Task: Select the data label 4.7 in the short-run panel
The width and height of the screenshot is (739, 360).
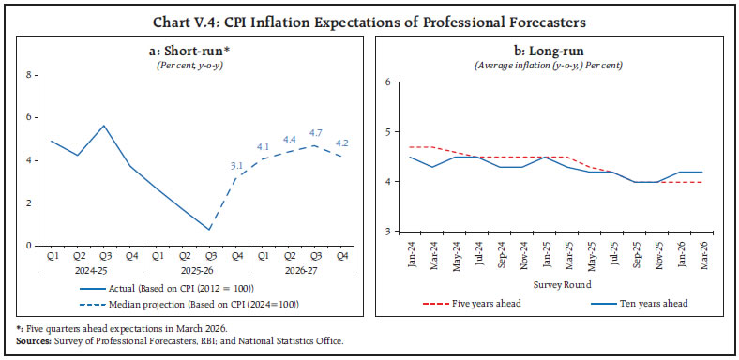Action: point(316,133)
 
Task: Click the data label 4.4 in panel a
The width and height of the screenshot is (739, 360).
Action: point(289,140)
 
